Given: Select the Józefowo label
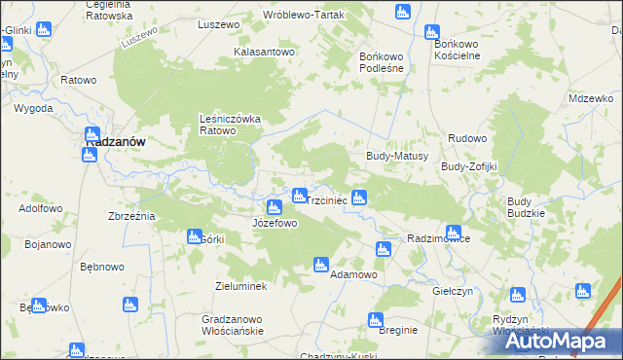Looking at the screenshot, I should pyautogui.click(x=275, y=223).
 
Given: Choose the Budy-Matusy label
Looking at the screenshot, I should pyautogui.click(x=390, y=156).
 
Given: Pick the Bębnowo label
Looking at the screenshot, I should pyautogui.click(x=101, y=267).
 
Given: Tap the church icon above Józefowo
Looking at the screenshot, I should pyautogui.click(x=275, y=206).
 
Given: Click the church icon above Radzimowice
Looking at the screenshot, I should pyautogui.click(x=383, y=249).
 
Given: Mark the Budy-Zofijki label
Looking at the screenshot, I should pyautogui.click(x=469, y=166).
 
